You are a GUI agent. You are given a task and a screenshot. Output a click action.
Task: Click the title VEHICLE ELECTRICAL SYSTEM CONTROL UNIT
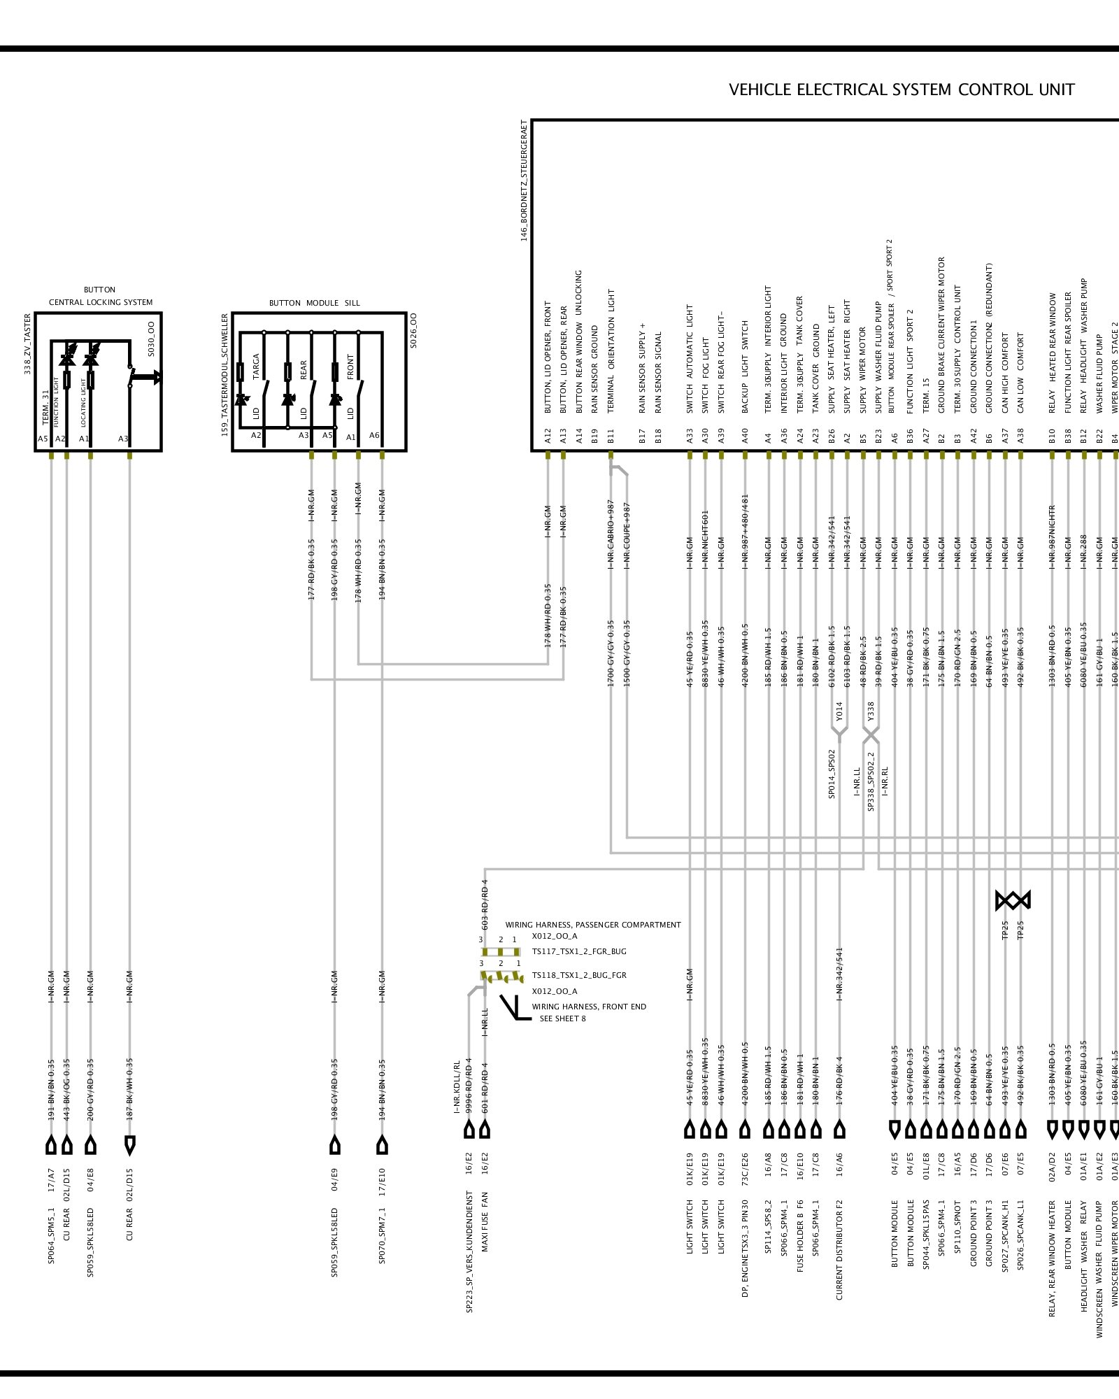coord(901,90)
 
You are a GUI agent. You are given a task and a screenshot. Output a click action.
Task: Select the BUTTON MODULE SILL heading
coord(314,303)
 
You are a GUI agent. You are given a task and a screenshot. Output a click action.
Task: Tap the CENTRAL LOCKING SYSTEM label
coord(101,302)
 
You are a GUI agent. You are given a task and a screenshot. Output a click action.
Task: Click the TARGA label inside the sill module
coord(256,366)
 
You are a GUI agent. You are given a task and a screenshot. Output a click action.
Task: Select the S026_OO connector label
coord(413,330)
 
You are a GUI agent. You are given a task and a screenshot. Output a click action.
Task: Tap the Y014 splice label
coord(839,711)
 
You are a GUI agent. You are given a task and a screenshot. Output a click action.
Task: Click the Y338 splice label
coord(871,711)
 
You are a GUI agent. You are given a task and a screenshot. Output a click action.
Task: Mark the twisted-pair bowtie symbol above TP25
coord(1013,900)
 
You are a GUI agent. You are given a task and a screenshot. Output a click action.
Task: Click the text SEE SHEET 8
coord(562,1018)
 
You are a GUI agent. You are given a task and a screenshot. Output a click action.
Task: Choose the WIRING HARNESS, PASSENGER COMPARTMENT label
coord(593,925)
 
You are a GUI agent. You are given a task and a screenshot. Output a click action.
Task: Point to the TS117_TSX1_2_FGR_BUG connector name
coord(579,951)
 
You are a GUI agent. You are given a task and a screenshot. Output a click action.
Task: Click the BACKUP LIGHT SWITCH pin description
coord(745,367)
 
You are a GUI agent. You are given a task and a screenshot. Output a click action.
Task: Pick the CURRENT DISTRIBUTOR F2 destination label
coord(839,1250)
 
